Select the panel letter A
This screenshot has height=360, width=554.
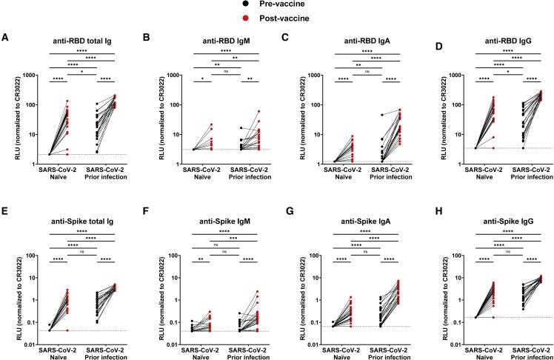tap(6, 38)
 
